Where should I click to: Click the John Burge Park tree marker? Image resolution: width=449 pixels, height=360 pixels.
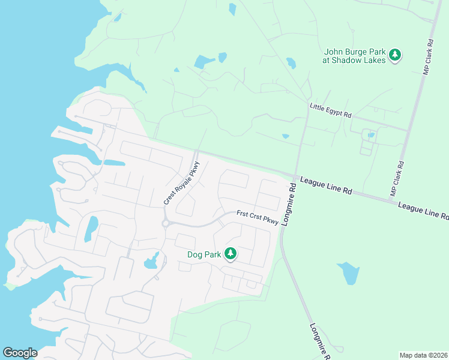coord(395,56)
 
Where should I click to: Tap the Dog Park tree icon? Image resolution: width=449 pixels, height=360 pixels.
coord(231,254)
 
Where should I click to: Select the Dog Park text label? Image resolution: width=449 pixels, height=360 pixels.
coord(203,254)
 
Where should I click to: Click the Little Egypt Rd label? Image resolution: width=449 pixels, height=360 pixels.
coord(330,110)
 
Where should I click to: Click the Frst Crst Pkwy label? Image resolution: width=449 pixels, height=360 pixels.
coord(258,217)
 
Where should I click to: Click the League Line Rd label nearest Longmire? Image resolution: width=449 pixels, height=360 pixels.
coord(326,185)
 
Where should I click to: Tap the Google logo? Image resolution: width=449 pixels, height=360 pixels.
coord(20,352)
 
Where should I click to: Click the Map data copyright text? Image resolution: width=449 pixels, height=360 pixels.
coord(423,355)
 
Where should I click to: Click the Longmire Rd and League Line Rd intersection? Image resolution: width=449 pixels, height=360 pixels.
coord(295,175)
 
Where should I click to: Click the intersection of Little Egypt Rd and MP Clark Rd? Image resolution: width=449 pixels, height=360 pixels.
coord(408,130)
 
